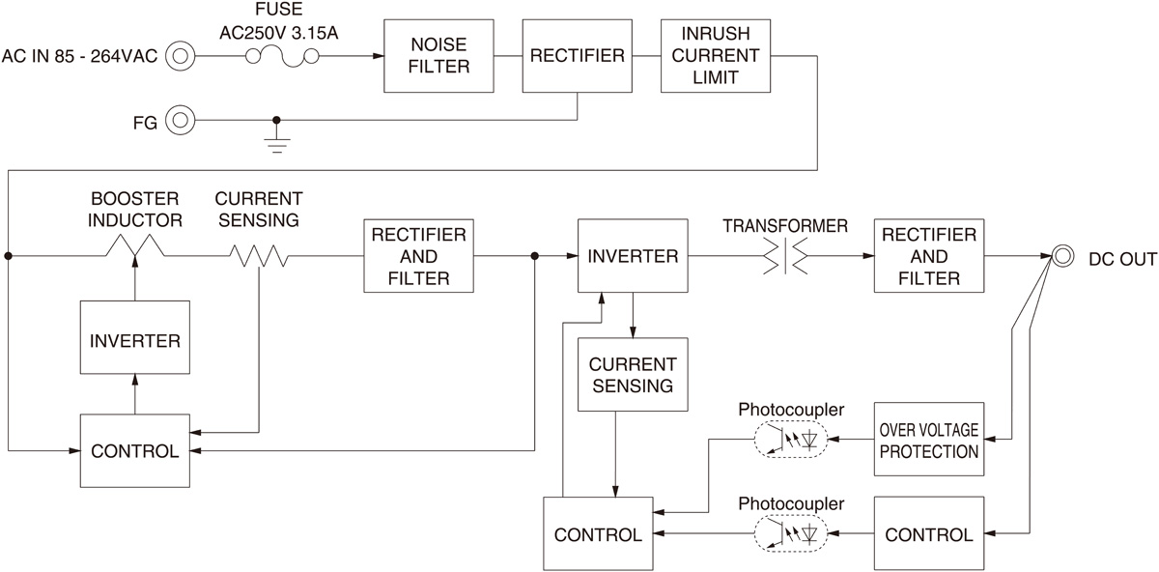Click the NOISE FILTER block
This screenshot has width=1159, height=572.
point(439,57)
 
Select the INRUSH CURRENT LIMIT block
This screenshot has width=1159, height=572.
point(716,57)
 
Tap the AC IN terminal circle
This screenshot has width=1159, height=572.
point(180,57)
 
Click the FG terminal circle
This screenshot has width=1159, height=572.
point(180,121)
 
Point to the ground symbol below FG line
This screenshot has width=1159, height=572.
point(277,144)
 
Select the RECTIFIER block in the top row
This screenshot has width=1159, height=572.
point(577,57)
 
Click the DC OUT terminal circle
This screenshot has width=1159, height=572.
point(1063,256)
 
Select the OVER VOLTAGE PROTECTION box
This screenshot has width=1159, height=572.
point(928,440)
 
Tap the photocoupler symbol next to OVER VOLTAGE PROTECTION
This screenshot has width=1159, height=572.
point(791,442)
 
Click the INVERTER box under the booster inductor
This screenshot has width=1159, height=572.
point(134,340)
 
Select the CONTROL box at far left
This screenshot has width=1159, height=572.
point(134,450)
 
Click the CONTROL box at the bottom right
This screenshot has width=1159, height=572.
point(928,533)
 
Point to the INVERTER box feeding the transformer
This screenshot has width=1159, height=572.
point(632,256)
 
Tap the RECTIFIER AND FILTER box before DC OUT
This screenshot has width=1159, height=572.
point(928,256)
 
